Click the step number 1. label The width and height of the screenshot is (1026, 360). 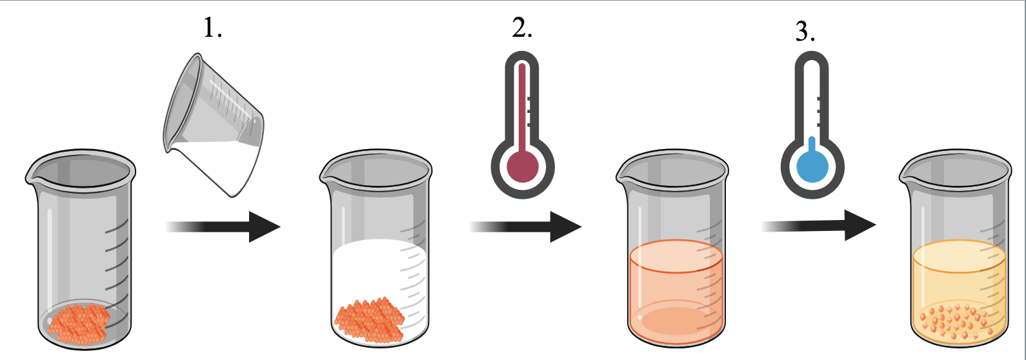click(212, 28)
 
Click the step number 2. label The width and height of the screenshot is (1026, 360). click(522, 28)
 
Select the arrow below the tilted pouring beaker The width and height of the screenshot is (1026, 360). click(223, 226)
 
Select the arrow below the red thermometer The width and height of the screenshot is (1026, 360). click(525, 226)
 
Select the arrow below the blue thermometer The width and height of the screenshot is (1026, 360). click(818, 225)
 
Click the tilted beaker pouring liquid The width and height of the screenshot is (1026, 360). click(214, 125)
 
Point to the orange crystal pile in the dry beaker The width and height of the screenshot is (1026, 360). click(79, 323)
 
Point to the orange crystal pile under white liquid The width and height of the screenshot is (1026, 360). click(369, 320)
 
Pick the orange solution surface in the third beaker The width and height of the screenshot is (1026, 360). click(676, 256)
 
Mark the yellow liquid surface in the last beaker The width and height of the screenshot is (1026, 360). click(959, 256)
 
